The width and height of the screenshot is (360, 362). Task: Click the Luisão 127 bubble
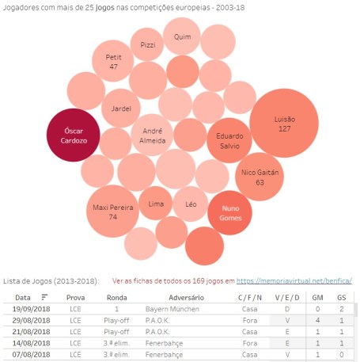[284, 124]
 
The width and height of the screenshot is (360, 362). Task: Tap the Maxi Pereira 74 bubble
[112, 211]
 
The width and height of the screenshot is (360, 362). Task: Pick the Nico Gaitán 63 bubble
[260, 176]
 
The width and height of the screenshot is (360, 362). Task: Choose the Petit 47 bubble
[113, 63]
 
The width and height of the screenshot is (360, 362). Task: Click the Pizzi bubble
[147, 45]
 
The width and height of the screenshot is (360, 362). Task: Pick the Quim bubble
[182, 36]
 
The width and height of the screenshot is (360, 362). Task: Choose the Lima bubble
[155, 204]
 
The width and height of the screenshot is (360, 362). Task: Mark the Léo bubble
[191, 204]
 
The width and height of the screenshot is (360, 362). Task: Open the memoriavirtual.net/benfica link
[293, 280]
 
